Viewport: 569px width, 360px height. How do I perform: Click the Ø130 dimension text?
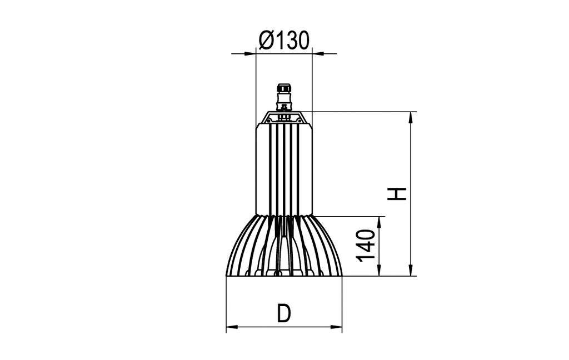click(x=283, y=41)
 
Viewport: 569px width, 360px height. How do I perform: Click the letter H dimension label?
click(x=397, y=193)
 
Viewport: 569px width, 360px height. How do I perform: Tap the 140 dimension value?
click(x=366, y=245)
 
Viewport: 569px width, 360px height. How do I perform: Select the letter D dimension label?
click(x=284, y=314)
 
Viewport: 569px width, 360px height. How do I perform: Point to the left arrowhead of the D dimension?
click(x=231, y=327)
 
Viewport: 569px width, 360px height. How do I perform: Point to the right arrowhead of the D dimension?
click(x=337, y=327)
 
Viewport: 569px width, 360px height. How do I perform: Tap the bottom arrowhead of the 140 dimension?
click(x=380, y=271)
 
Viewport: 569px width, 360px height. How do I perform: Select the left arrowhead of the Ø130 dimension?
click(x=251, y=53)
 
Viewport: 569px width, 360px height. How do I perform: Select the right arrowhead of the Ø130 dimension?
click(x=317, y=53)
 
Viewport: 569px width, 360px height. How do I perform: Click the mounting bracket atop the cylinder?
click(x=284, y=117)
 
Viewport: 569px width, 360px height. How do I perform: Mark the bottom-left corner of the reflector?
click(x=227, y=275)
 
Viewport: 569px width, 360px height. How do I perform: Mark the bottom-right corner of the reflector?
click(x=342, y=275)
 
